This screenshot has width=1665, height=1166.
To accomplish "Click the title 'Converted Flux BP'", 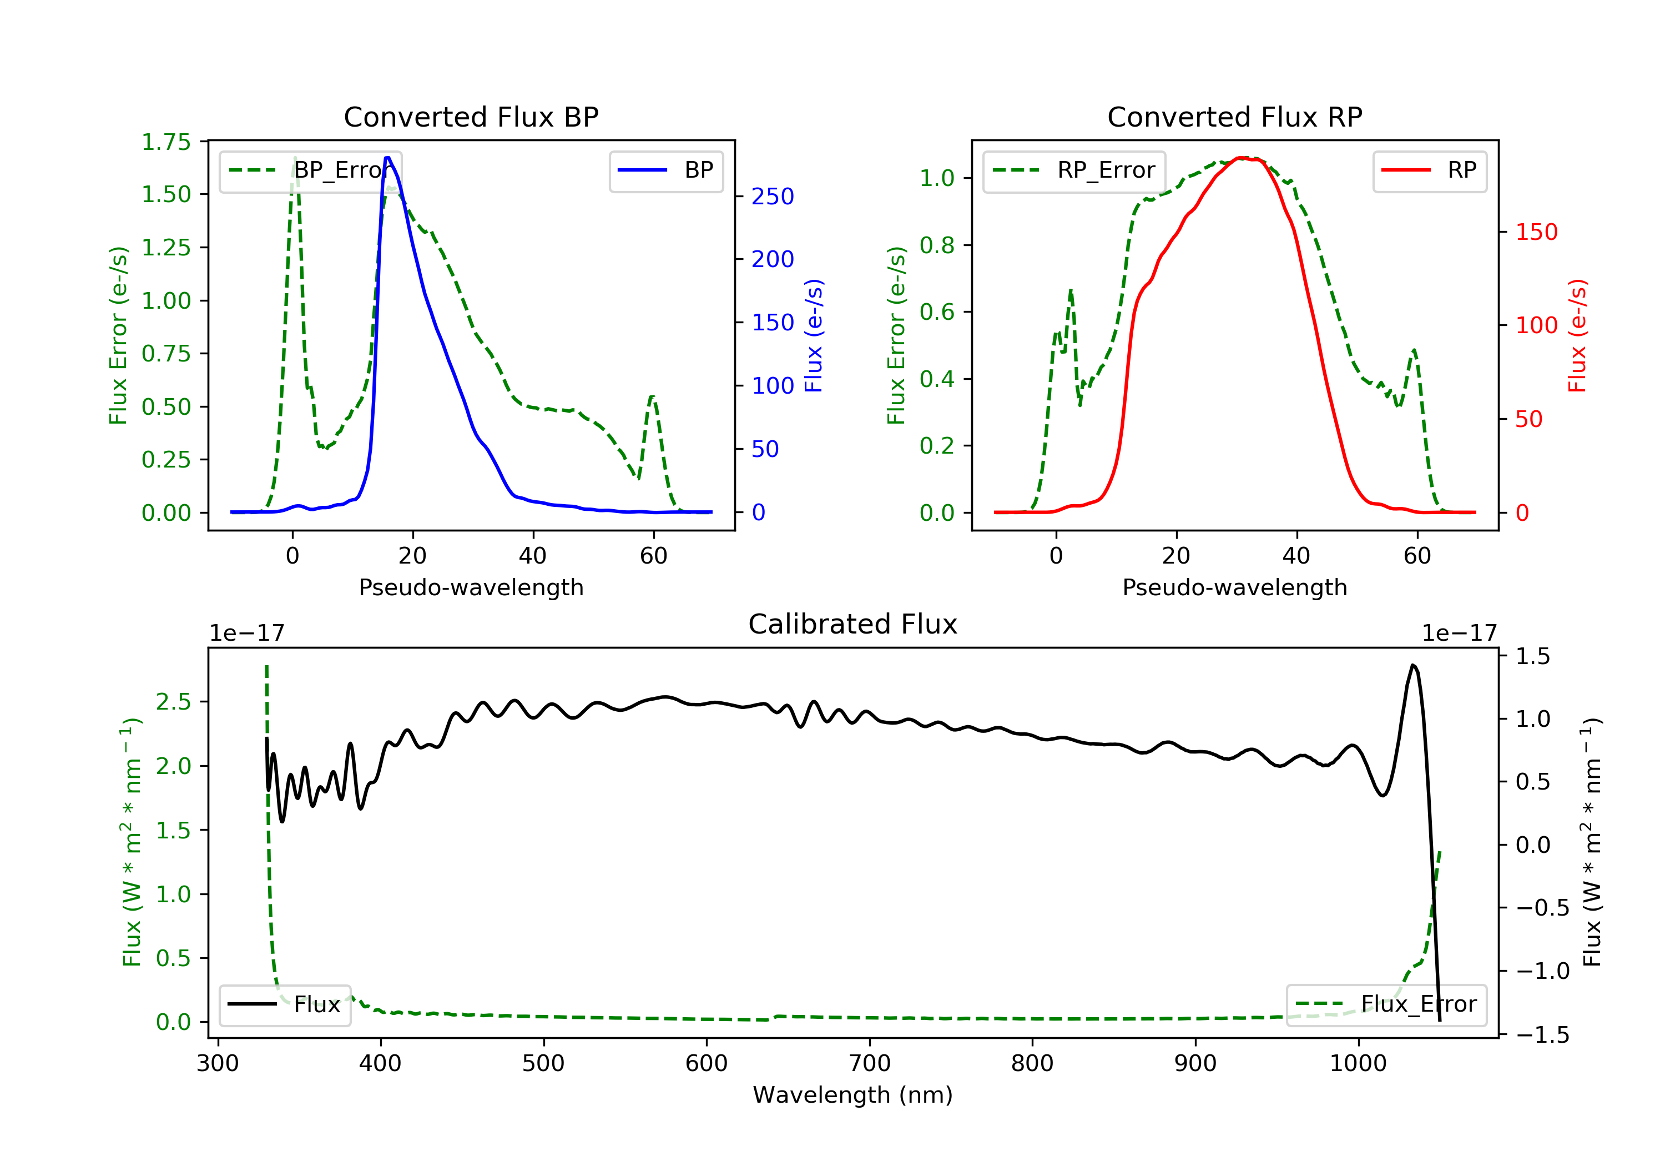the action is (x=471, y=117).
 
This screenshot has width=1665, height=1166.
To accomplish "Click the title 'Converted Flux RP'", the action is (x=1234, y=117).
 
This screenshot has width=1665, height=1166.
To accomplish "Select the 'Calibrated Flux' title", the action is (x=853, y=624).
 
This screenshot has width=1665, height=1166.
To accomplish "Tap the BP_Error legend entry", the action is (x=310, y=171).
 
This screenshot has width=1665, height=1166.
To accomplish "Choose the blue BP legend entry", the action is (x=665, y=171).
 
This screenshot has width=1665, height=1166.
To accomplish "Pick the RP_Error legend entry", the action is (x=1074, y=171).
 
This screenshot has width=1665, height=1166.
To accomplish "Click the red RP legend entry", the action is (x=1429, y=171).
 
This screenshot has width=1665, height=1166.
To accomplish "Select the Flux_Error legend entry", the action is (x=1386, y=1004).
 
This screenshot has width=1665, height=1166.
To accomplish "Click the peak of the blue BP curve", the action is (x=388, y=158).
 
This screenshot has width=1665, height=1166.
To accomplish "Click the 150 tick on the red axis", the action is (x=1536, y=232).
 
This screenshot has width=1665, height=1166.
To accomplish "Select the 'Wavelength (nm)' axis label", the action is (x=853, y=1095).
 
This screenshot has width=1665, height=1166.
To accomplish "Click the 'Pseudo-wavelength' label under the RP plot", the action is (x=1234, y=587).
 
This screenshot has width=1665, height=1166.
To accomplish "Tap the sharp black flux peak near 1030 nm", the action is (x=1412, y=665).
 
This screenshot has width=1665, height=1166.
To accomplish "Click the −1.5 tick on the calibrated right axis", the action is (x=1542, y=1034).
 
